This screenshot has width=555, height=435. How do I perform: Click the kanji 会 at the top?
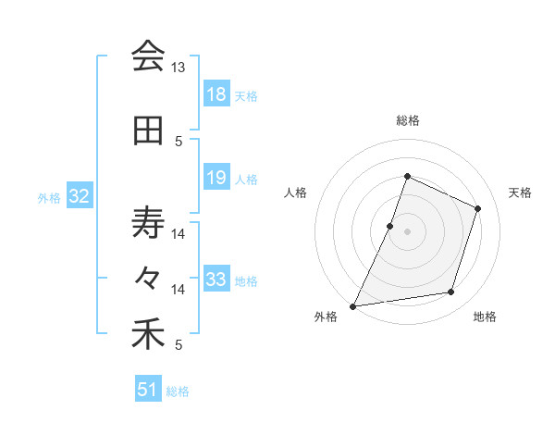[x=148, y=56]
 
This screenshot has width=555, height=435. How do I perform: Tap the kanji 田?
[x=148, y=130]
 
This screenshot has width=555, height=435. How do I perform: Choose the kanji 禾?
[x=148, y=334]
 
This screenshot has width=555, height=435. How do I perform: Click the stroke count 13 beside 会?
[x=178, y=68]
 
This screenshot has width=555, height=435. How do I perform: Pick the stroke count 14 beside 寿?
[x=178, y=234]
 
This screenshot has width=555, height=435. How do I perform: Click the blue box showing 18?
[x=216, y=94]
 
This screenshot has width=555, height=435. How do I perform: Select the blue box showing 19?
[x=216, y=178]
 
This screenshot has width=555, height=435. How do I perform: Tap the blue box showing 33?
[x=216, y=280]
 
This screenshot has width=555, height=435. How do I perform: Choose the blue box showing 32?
[x=80, y=196]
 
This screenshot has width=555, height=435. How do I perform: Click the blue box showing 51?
[x=148, y=390]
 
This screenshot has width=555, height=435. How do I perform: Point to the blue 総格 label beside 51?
[x=178, y=391]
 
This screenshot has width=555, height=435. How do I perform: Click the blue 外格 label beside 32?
[x=49, y=197]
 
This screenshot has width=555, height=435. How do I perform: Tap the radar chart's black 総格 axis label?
[x=407, y=120]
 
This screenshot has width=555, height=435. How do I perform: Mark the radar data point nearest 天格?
[x=478, y=208]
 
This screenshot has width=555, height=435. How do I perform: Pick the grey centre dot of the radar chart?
[x=407, y=231]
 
